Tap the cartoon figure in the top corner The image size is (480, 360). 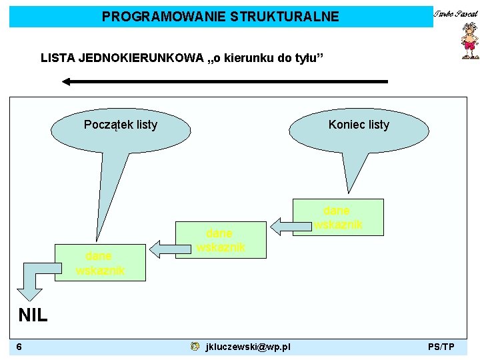470,41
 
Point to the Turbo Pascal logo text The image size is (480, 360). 456,13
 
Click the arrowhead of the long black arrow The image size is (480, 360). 67,81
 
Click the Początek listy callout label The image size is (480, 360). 121,125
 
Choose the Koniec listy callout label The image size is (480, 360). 359,125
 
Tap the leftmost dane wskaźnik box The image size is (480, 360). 99,263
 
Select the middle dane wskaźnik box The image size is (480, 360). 220,240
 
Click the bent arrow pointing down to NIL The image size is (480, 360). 31,283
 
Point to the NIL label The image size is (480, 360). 32,315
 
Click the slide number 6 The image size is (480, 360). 20,347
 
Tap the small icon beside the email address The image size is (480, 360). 194,347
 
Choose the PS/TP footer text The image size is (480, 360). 441,347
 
